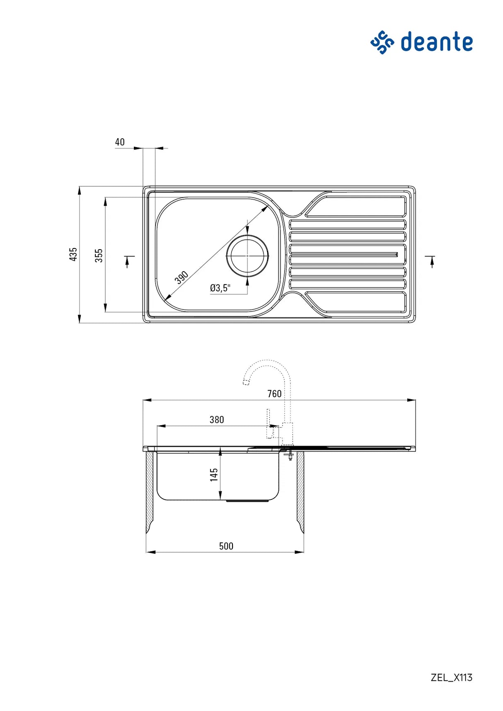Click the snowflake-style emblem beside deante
[382, 42]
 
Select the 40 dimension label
[120, 142]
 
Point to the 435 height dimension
[73, 254]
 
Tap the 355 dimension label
[99, 255]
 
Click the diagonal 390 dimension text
[181, 277]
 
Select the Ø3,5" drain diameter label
[220, 288]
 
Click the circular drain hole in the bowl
[247, 256]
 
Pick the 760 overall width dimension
[274, 394]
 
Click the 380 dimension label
[217, 420]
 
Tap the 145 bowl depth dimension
[214, 475]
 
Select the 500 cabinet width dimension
[226, 546]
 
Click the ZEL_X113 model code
[451, 677]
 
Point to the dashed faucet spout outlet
[246, 382]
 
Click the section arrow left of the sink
[128, 261]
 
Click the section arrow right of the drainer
[431, 261]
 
